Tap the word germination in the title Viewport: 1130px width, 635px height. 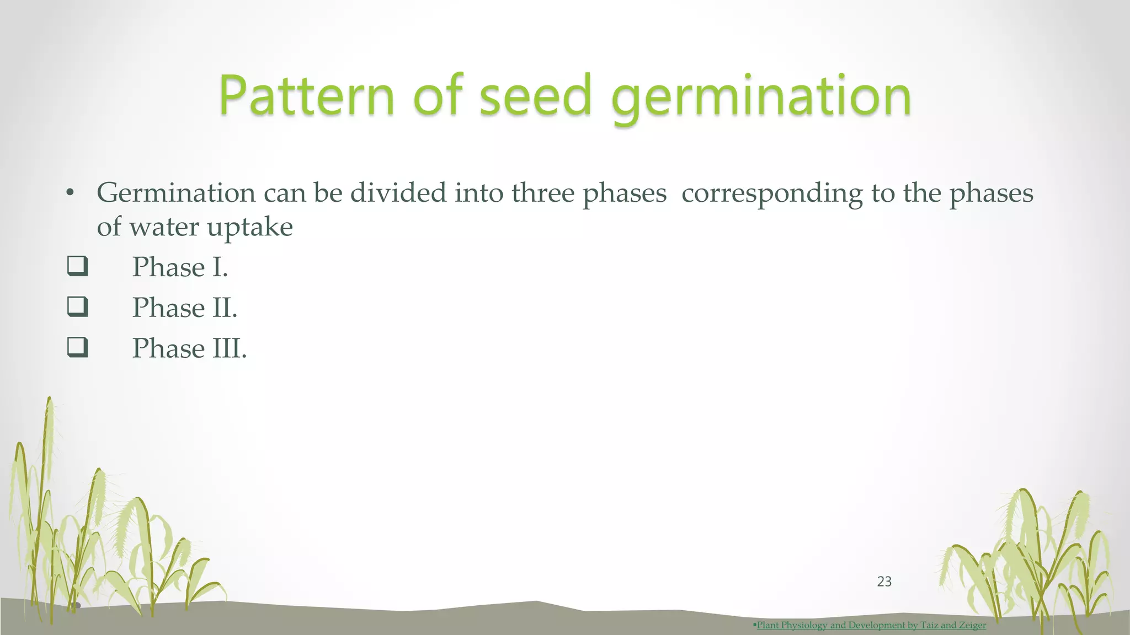(761, 98)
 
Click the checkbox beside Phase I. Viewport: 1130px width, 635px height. (77, 266)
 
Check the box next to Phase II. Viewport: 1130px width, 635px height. (77, 306)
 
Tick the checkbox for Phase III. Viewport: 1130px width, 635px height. (77, 347)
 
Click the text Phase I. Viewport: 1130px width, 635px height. (180, 267)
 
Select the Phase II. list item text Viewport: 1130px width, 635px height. (184, 308)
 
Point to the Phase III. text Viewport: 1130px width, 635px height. (189, 348)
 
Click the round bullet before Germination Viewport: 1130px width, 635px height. (69, 193)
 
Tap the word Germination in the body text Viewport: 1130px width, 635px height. (176, 193)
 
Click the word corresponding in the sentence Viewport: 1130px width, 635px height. (772, 193)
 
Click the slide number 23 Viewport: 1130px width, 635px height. (884, 582)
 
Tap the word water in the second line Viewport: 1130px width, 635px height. (164, 227)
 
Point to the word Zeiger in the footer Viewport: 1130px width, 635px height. (972, 625)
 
